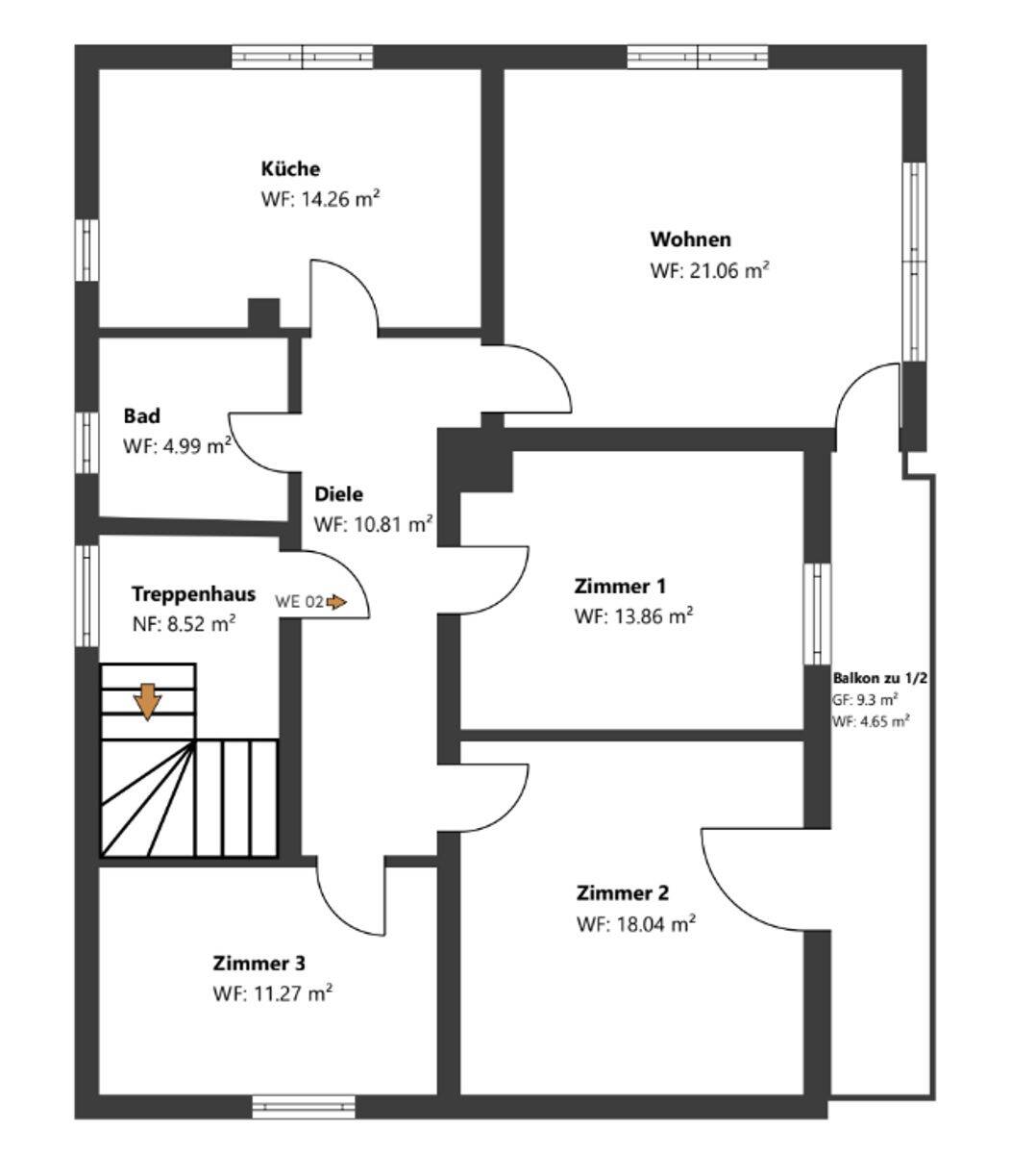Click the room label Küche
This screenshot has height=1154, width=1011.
coord(290,169)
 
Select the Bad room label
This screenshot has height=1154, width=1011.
coord(141,416)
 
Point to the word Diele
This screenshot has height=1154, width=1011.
coord(339,494)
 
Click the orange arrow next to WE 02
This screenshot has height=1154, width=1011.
coord(335,602)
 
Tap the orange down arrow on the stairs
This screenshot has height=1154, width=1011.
coord(147,701)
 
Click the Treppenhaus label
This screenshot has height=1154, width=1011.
coord(193,593)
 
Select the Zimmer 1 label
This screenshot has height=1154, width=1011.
coord(620,586)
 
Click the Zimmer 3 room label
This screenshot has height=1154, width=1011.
coord(259,963)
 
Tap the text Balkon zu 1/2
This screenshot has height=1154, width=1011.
coord(879,679)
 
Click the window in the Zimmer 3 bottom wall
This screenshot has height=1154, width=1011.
coord(304,1107)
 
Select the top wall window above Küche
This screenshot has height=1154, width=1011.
coord(303,58)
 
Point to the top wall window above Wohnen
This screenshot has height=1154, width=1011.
coord(699,58)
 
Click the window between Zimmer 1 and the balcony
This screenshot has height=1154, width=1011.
coord(817,614)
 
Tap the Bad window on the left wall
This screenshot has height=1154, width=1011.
coord(87,442)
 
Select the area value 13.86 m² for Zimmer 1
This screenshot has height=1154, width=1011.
coord(634,616)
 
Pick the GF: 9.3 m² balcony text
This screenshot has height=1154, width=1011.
coord(865,699)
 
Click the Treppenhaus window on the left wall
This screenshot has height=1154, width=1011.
coord(87,594)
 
